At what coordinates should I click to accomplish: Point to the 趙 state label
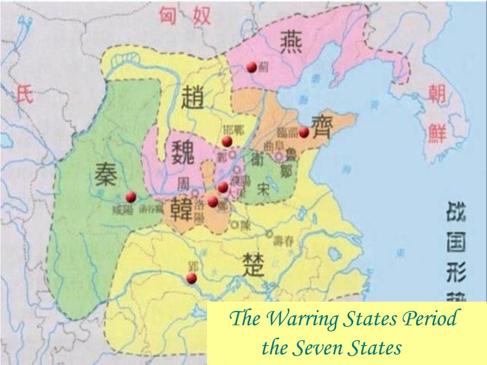pyautogui.click(x=193, y=99)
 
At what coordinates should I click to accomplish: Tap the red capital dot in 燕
pyautogui.click(x=252, y=67)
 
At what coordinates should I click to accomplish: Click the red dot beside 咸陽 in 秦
pyautogui.click(x=131, y=197)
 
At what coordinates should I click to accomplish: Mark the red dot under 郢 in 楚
pyautogui.click(x=192, y=278)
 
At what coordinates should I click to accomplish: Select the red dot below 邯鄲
pyautogui.click(x=227, y=141)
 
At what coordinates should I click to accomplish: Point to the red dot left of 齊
pyautogui.click(x=304, y=132)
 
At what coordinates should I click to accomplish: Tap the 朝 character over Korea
pyautogui.click(x=436, y=95)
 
